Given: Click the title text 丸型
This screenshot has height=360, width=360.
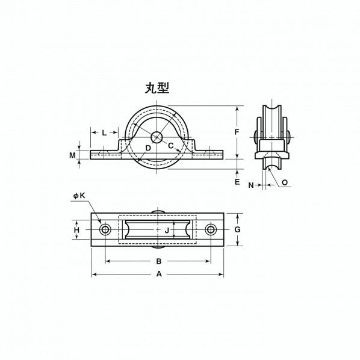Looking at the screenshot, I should click(x=157, y=88).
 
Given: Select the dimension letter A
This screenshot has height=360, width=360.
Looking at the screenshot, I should click(x=159, y=274).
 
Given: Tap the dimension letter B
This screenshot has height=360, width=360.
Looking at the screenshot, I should click(x=159, y=261).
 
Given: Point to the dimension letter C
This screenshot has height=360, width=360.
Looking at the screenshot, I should click(x=170, y=146).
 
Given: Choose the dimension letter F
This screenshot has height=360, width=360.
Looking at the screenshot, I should click(x=237, y=132).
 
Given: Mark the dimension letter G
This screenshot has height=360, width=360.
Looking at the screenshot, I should click(x=237, y=230).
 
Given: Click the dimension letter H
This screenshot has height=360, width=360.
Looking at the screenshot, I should click(x=76, y=230).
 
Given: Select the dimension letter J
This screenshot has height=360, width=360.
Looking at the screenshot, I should click(x=166, y=230).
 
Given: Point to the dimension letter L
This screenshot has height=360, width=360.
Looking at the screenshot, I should click(x=104, y=132).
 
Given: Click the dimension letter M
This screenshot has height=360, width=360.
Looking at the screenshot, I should click(x=73, y=155).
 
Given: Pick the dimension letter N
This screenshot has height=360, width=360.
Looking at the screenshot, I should click(x=251, y=185).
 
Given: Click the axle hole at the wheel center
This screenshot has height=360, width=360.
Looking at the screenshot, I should click(x=157, y=138).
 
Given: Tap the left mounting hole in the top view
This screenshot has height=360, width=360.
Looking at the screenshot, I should click(x=106, y=230).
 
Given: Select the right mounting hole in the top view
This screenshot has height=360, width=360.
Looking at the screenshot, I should click(x=211, y=230).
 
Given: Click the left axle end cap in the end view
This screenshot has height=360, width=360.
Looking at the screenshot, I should click(x=257, y=137).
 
